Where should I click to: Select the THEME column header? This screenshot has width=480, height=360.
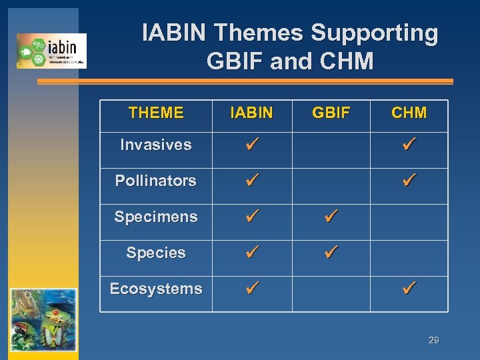(156, 113)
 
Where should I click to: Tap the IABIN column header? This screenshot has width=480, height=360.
(251, 113)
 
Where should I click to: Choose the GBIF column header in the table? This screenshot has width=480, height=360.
(331, 113)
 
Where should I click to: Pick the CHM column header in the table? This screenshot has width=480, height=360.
(409, 113)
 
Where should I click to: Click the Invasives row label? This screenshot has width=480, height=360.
(156, 145)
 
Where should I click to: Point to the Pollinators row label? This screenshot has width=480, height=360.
(156, 181)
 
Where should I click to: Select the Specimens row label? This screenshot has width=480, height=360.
(156, 217)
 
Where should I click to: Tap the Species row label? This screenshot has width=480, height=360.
(156, 253)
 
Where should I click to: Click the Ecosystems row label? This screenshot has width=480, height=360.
(156, 289)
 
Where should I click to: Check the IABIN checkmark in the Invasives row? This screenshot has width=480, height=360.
(251, 144)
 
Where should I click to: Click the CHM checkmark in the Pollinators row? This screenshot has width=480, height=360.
(409, 180)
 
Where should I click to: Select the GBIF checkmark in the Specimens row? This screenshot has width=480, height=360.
(331, 216)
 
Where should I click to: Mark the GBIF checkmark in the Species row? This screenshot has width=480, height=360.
(331, 252)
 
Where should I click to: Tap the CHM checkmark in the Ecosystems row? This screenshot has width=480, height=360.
(409, 288)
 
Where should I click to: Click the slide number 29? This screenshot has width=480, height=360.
(433, 341)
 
